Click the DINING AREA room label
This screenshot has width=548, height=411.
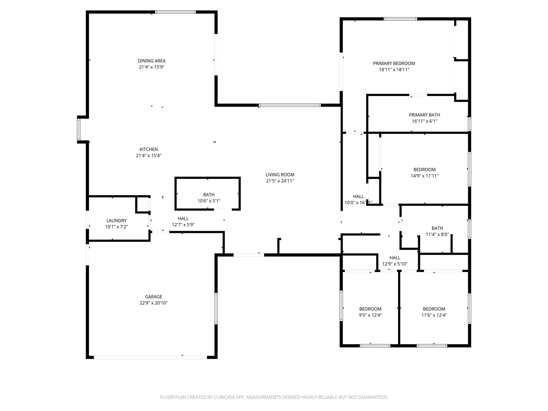[151, 61]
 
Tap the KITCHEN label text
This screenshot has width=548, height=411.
[149, 149]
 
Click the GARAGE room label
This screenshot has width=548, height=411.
[153, 297]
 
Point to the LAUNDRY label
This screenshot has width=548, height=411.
[116, 221]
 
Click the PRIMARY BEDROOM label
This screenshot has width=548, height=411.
[394, 64]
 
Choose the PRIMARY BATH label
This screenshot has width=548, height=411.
[424, 115]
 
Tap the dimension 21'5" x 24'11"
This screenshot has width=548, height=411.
[280, 181]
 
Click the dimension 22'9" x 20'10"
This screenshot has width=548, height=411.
[153, 303]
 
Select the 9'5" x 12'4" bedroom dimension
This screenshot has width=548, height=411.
[370, 315]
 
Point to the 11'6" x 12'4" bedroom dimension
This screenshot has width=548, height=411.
[434, 315]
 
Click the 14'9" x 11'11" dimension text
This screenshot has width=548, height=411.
[424, 176]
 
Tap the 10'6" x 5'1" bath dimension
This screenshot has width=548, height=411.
[209, 201]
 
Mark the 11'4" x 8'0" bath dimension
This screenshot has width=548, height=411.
[437, 235]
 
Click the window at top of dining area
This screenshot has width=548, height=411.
[175, 12]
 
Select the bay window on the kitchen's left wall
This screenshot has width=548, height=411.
[78, 129]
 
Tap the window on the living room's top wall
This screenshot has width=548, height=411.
[290, 105]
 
